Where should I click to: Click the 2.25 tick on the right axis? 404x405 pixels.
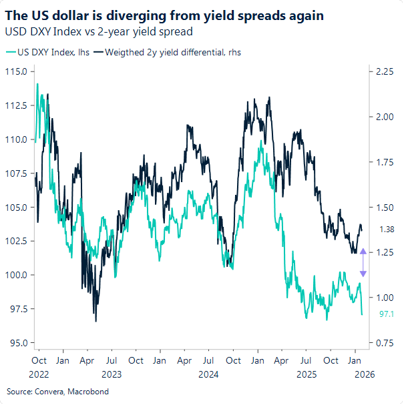pos(383,71)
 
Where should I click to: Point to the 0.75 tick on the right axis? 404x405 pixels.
pos(383,343)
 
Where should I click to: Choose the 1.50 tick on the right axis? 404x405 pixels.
pos(383,208)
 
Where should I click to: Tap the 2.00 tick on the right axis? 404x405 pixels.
pos(383,117)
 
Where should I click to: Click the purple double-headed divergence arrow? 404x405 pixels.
pos(363,262)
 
